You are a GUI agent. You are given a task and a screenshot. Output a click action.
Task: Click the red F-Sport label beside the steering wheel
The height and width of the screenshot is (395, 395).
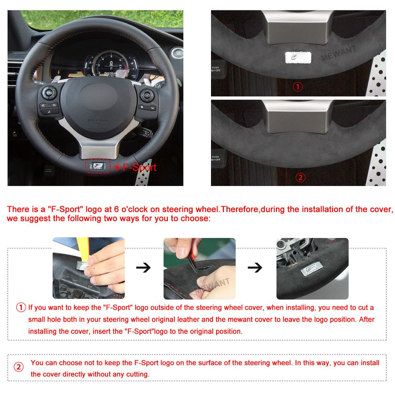tap(139, 167)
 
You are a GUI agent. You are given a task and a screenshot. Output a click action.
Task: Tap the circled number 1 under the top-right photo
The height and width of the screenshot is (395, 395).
tap(298, 87)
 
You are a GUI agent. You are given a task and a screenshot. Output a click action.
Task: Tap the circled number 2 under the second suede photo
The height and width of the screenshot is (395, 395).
tap(300, 177)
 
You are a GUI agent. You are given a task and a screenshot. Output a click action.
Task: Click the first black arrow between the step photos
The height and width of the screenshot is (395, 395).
tap(143, 268)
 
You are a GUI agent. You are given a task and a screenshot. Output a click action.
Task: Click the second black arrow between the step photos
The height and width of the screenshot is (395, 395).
tap(255, 268)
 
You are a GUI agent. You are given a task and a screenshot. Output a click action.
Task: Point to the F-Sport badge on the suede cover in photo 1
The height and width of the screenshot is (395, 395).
tap(295, 57)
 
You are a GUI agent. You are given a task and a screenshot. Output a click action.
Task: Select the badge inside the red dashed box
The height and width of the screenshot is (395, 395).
tap(98, 166)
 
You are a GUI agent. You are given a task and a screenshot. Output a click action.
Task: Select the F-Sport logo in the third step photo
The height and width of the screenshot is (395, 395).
tap(311, 267)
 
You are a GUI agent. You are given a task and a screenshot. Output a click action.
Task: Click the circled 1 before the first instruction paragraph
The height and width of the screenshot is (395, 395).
tap(21, 308)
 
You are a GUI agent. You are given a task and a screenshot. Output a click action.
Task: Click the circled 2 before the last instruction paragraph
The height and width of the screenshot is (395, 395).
tap(19, 367)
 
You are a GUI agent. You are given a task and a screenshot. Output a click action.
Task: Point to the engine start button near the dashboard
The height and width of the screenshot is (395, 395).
tap(177, 52)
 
